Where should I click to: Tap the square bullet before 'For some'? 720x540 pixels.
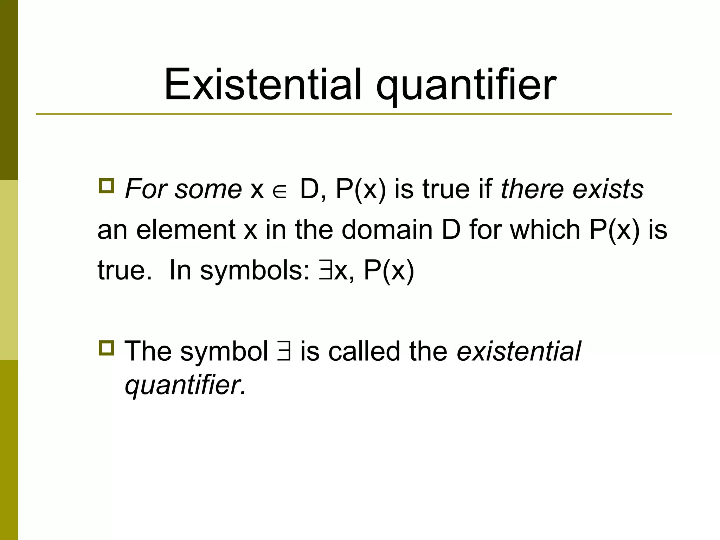pos(106,186)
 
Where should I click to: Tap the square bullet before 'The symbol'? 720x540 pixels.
pos(106,348)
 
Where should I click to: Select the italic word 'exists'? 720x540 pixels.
pos(608,189)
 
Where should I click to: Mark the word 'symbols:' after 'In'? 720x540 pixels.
pos(255,271)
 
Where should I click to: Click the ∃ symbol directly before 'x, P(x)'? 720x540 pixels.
pos(324,271)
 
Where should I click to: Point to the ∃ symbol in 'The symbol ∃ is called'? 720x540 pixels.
pos(284,352)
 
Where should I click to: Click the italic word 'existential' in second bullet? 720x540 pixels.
pos(519,352)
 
